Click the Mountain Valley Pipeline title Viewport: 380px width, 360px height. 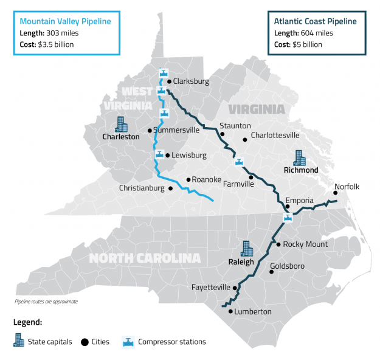point(66,22)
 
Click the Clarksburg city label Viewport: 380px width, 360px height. point(191,81)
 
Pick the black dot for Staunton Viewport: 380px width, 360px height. point(223,134)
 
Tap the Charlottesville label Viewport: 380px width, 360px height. point(275,135)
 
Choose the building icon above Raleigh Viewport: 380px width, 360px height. point(247,249)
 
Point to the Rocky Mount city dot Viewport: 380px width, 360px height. point(278,244)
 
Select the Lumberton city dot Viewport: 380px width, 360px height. point(230,311)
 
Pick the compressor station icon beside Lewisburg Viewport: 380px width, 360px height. point(159,154)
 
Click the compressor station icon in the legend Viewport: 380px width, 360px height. point(128,341)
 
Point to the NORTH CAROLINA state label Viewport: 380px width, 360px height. point(145,258)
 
